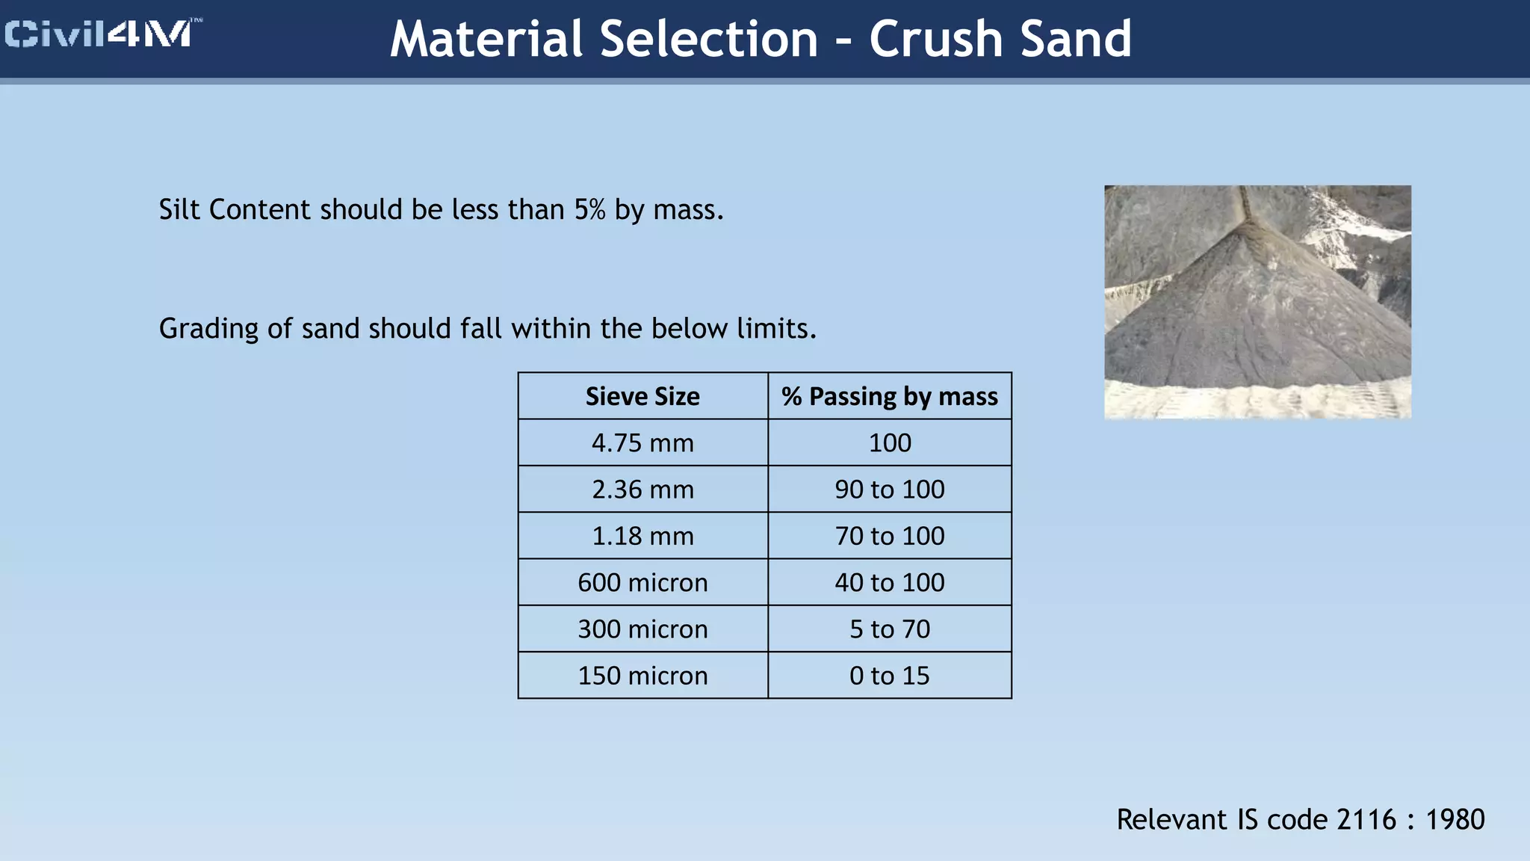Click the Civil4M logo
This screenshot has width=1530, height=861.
[102, 34]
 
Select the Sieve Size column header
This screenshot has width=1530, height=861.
[642, 396]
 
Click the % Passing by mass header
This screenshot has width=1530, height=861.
[889, 396]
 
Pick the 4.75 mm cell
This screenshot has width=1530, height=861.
[642, 442]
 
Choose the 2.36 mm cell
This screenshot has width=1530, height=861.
[642, 490]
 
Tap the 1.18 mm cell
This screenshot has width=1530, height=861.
[642, 536]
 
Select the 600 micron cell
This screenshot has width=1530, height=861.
[642, 582]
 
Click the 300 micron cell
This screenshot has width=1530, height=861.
[642, 629]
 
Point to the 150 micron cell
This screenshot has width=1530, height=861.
[642, 676]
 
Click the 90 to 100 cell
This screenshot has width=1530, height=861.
[889, 490]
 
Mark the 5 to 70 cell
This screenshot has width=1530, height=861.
[889, 629]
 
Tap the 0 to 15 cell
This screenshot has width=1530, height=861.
[889, 676]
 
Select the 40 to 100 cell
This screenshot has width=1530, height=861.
[889, 582]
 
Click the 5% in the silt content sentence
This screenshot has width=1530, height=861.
[589, 210]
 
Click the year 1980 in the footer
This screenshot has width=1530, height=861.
[1455, 820]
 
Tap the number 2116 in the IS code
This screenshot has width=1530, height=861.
[1366, 820]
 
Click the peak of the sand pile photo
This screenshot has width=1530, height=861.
[1248, 224]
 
